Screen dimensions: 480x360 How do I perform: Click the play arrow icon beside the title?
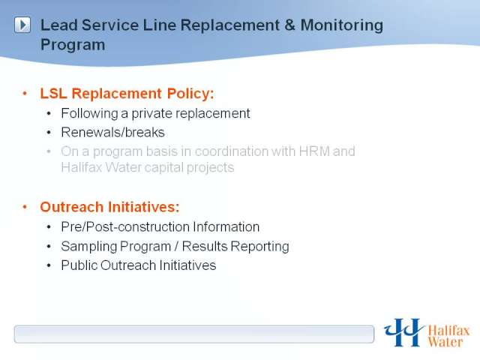22,25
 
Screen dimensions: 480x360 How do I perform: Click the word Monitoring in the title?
342,25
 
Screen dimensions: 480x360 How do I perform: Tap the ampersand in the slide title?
289,25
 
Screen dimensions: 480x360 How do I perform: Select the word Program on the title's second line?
73,45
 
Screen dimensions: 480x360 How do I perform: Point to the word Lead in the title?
58,25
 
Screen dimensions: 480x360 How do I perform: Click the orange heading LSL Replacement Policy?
127,93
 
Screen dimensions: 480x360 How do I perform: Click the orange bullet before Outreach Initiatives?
25,207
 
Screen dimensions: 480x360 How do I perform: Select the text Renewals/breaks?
113,132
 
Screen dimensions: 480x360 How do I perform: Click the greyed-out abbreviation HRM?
314,151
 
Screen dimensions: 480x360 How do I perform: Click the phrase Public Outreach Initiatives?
139,265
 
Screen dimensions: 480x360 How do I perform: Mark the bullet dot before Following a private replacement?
49,114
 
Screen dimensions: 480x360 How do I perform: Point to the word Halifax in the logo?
448,331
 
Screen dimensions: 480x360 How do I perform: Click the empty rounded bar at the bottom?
194,334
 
